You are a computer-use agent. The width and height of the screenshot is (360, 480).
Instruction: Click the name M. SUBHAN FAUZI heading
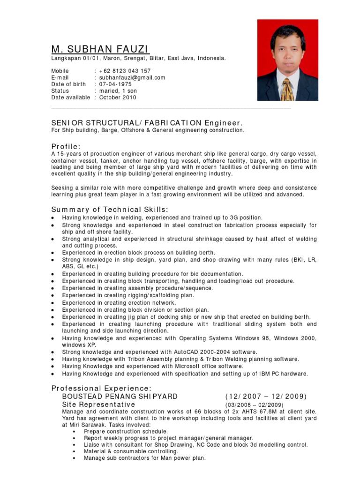(x=100, y=49)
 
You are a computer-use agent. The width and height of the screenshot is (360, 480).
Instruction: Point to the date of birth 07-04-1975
(x=115, y=84)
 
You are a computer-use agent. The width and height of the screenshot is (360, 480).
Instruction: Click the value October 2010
(x=118, y=97)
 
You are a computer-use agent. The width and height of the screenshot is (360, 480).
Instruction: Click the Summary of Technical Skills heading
(x=109, y=209)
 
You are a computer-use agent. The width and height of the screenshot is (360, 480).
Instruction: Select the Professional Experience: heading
(x=101, y=388)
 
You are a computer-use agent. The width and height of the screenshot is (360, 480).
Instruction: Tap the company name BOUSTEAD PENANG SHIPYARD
(x=120, y=397)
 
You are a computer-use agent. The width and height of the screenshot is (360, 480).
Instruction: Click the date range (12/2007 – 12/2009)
(x=266, y=397)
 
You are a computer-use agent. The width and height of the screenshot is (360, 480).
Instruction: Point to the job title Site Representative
(x=98, y=405)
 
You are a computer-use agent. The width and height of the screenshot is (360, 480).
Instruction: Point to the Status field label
(x=60, y=91)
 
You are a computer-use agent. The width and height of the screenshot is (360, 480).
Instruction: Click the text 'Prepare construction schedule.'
(x=126, y=431)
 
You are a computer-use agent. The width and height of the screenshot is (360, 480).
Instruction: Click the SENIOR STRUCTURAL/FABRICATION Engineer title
(x=148, y=123)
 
